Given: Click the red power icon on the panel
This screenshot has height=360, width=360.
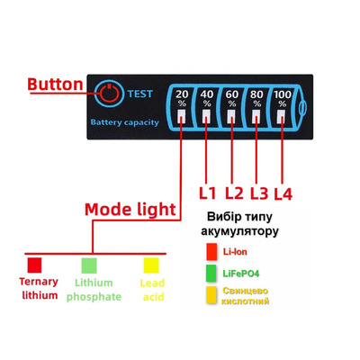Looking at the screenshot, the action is coord(109,93).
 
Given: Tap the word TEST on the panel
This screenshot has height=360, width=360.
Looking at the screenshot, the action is coord(140,94).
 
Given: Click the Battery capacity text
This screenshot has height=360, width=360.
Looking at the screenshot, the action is coord(124,122).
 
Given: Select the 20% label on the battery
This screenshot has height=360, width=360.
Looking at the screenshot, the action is coord(182,98).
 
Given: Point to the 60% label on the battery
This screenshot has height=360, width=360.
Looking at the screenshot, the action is coord(232,98).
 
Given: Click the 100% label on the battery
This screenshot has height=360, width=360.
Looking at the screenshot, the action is coord(283,98).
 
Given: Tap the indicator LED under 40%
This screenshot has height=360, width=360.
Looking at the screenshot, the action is coord(206,116).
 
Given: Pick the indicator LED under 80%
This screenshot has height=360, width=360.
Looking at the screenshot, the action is coord(256,116).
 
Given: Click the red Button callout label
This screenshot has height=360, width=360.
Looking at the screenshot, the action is coord(55,85).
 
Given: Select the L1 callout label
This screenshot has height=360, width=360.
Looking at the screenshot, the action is coord(207,193).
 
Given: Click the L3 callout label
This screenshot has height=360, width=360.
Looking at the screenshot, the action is coord(259,193).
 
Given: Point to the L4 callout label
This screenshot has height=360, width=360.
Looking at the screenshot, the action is coord(283,194).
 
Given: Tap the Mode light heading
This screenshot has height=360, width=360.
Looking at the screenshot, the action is coord(130,210).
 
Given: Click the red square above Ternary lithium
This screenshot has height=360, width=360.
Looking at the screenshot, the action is coord(34,265).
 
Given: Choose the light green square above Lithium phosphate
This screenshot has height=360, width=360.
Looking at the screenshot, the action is coord(89,265).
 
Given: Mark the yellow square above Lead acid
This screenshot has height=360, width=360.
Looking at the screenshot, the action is coord(151,265).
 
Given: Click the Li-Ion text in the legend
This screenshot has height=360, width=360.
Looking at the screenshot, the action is coord(235,252).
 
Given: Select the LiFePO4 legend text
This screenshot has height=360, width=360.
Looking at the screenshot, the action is coord(241,274).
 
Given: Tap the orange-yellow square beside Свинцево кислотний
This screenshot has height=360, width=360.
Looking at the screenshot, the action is coord(211,295).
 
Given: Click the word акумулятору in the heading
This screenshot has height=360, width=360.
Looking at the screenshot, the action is coord(239,231).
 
